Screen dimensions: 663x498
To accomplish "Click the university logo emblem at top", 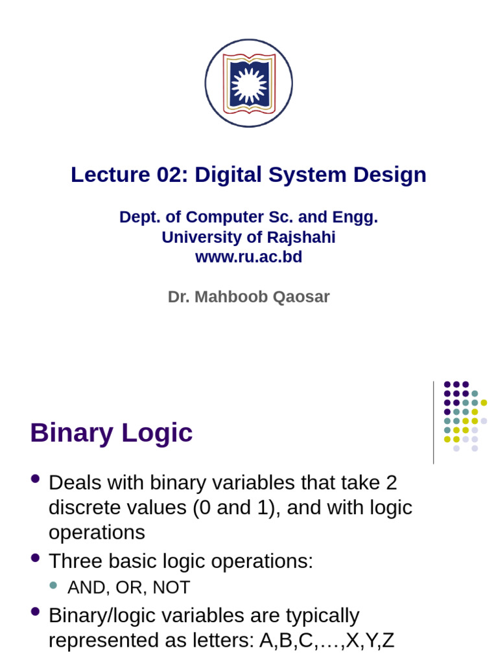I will coord(248,84).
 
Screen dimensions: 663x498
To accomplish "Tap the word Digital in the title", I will coord(225,175).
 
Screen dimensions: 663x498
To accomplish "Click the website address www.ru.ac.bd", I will coord(248,257).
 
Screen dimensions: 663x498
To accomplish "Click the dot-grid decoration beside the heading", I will coord(465,416).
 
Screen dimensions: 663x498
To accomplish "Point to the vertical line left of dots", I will coord(433,422).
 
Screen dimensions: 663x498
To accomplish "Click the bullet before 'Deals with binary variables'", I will coord(36,479).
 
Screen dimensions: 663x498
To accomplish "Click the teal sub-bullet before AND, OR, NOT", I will coord(53,585).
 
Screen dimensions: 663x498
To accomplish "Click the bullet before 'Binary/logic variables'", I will coord(36,611).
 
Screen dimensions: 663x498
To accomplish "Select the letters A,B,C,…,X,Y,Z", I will coord(326,640).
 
